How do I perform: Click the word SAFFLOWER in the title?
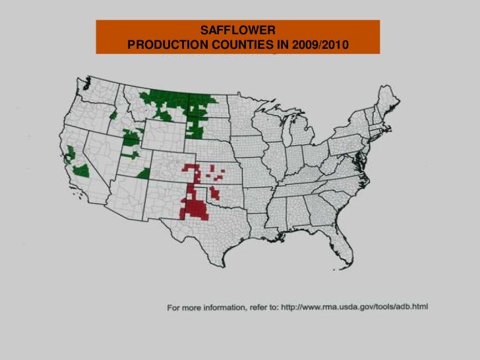click(x=238, y=30)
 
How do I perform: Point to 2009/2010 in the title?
click(x=320, y=45)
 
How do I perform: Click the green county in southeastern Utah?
click(x=143, y=173)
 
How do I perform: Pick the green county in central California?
click(x=81, y=171)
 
